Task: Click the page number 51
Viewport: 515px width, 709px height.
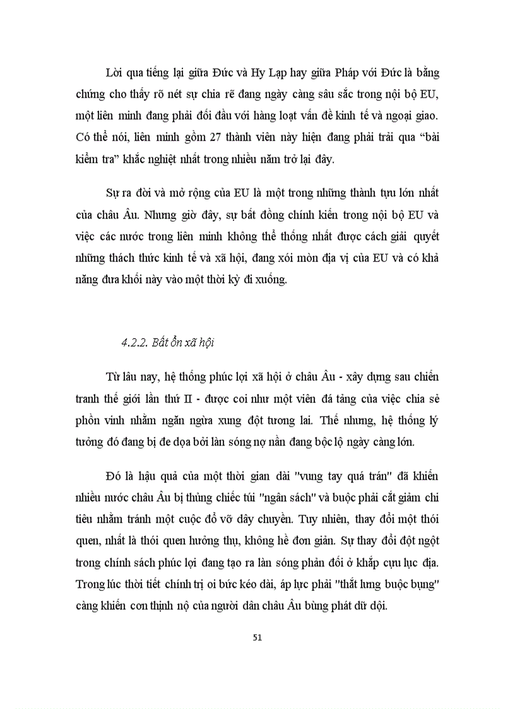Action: [x=257, y=637]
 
